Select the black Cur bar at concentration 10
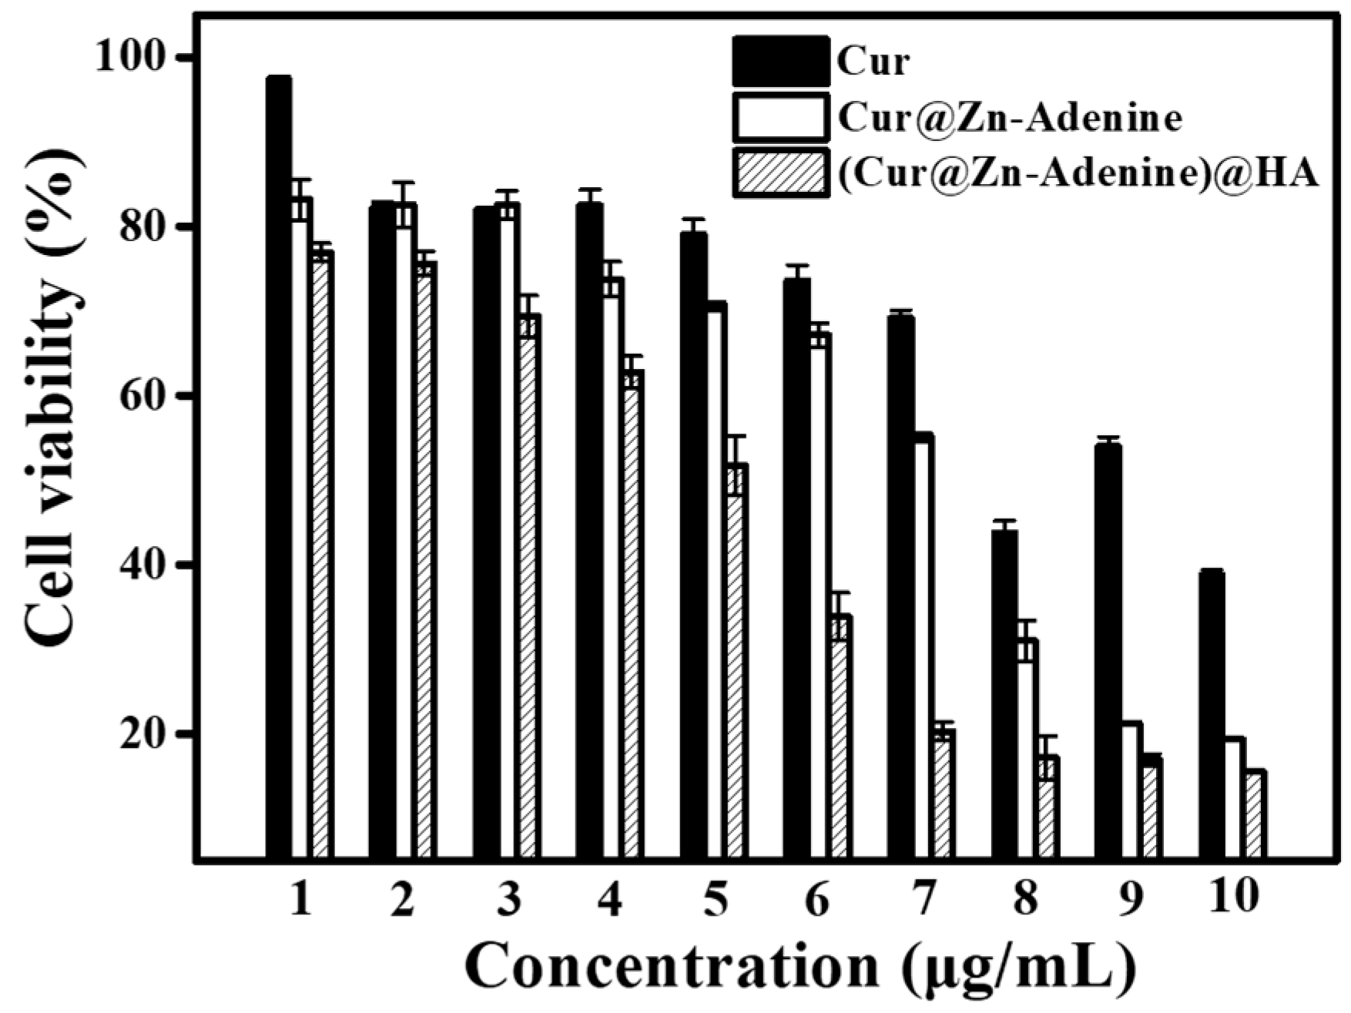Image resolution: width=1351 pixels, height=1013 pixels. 1211,713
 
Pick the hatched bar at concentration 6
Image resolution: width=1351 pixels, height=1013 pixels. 841,736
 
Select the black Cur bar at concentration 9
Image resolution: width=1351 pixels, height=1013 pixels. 1108,651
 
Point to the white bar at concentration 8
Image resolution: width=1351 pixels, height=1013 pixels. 1027,747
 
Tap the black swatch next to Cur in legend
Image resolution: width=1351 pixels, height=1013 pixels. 780,61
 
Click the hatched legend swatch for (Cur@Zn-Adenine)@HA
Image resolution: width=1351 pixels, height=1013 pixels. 780,173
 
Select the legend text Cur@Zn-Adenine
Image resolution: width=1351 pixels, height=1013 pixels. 1009,118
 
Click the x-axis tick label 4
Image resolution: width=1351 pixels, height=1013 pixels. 610,898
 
